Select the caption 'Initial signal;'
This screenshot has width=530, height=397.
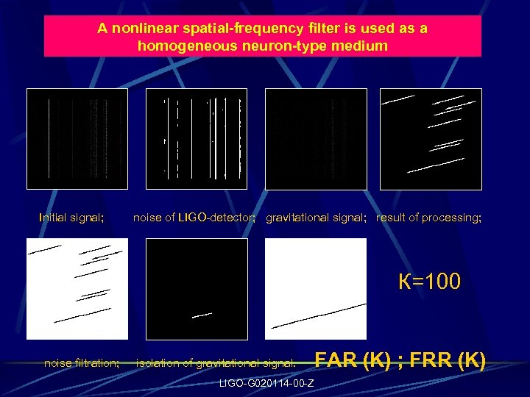point(71,218)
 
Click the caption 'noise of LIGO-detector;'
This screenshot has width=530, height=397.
point(194,218)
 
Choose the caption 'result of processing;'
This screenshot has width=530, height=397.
point(429,218)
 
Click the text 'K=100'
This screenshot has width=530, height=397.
point(429,282)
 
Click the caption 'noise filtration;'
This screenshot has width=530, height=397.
point(82,362)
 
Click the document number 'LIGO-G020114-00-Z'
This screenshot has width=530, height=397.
point(266,383)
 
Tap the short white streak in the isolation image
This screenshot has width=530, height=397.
point(202,315)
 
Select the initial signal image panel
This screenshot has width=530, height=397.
point(77,139)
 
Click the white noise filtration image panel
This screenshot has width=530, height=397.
point(77,289)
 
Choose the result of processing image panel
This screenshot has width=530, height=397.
point(431,139)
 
